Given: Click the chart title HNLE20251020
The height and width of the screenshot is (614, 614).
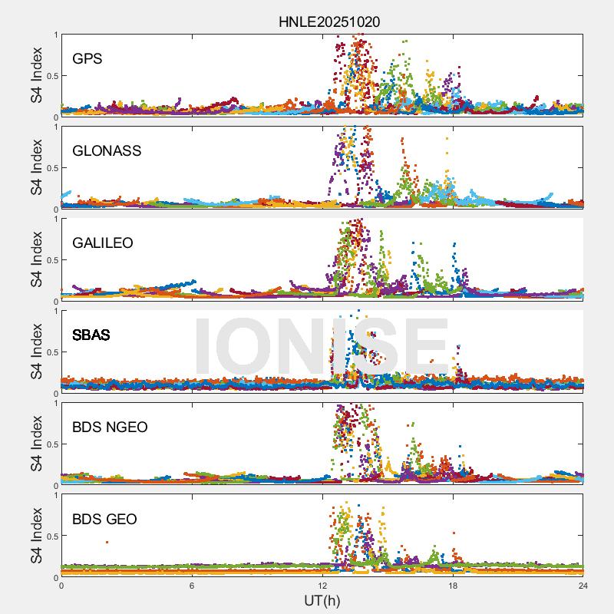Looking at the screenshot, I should click(329, 22).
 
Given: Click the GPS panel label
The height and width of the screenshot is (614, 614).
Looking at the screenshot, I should click(87, 58).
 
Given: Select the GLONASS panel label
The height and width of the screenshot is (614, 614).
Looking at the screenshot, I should click(107, 150).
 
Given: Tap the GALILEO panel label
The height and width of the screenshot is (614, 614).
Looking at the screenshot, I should click(103, 243).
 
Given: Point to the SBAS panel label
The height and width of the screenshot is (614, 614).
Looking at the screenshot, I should click(91, 335).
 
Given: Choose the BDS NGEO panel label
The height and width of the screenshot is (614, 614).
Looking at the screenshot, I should click(110, 427).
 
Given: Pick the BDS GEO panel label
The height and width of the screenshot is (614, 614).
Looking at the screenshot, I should click(104, 520).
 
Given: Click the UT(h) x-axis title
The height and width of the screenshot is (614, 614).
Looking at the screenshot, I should click(322, 600).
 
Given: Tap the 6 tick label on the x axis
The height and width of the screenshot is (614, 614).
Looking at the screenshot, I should click(192, 586).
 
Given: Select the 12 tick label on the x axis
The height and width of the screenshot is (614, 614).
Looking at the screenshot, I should click(322, 586).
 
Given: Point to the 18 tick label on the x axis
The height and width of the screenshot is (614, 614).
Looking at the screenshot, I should click(453, 586).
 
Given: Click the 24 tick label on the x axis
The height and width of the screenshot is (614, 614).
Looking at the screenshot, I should click(583, 586).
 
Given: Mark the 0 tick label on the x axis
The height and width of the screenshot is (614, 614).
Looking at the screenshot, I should click(61, 586).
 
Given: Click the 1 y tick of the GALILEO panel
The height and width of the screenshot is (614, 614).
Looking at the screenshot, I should click(55, 219).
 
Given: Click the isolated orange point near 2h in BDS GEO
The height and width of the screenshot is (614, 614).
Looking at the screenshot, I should click(107, 542).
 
